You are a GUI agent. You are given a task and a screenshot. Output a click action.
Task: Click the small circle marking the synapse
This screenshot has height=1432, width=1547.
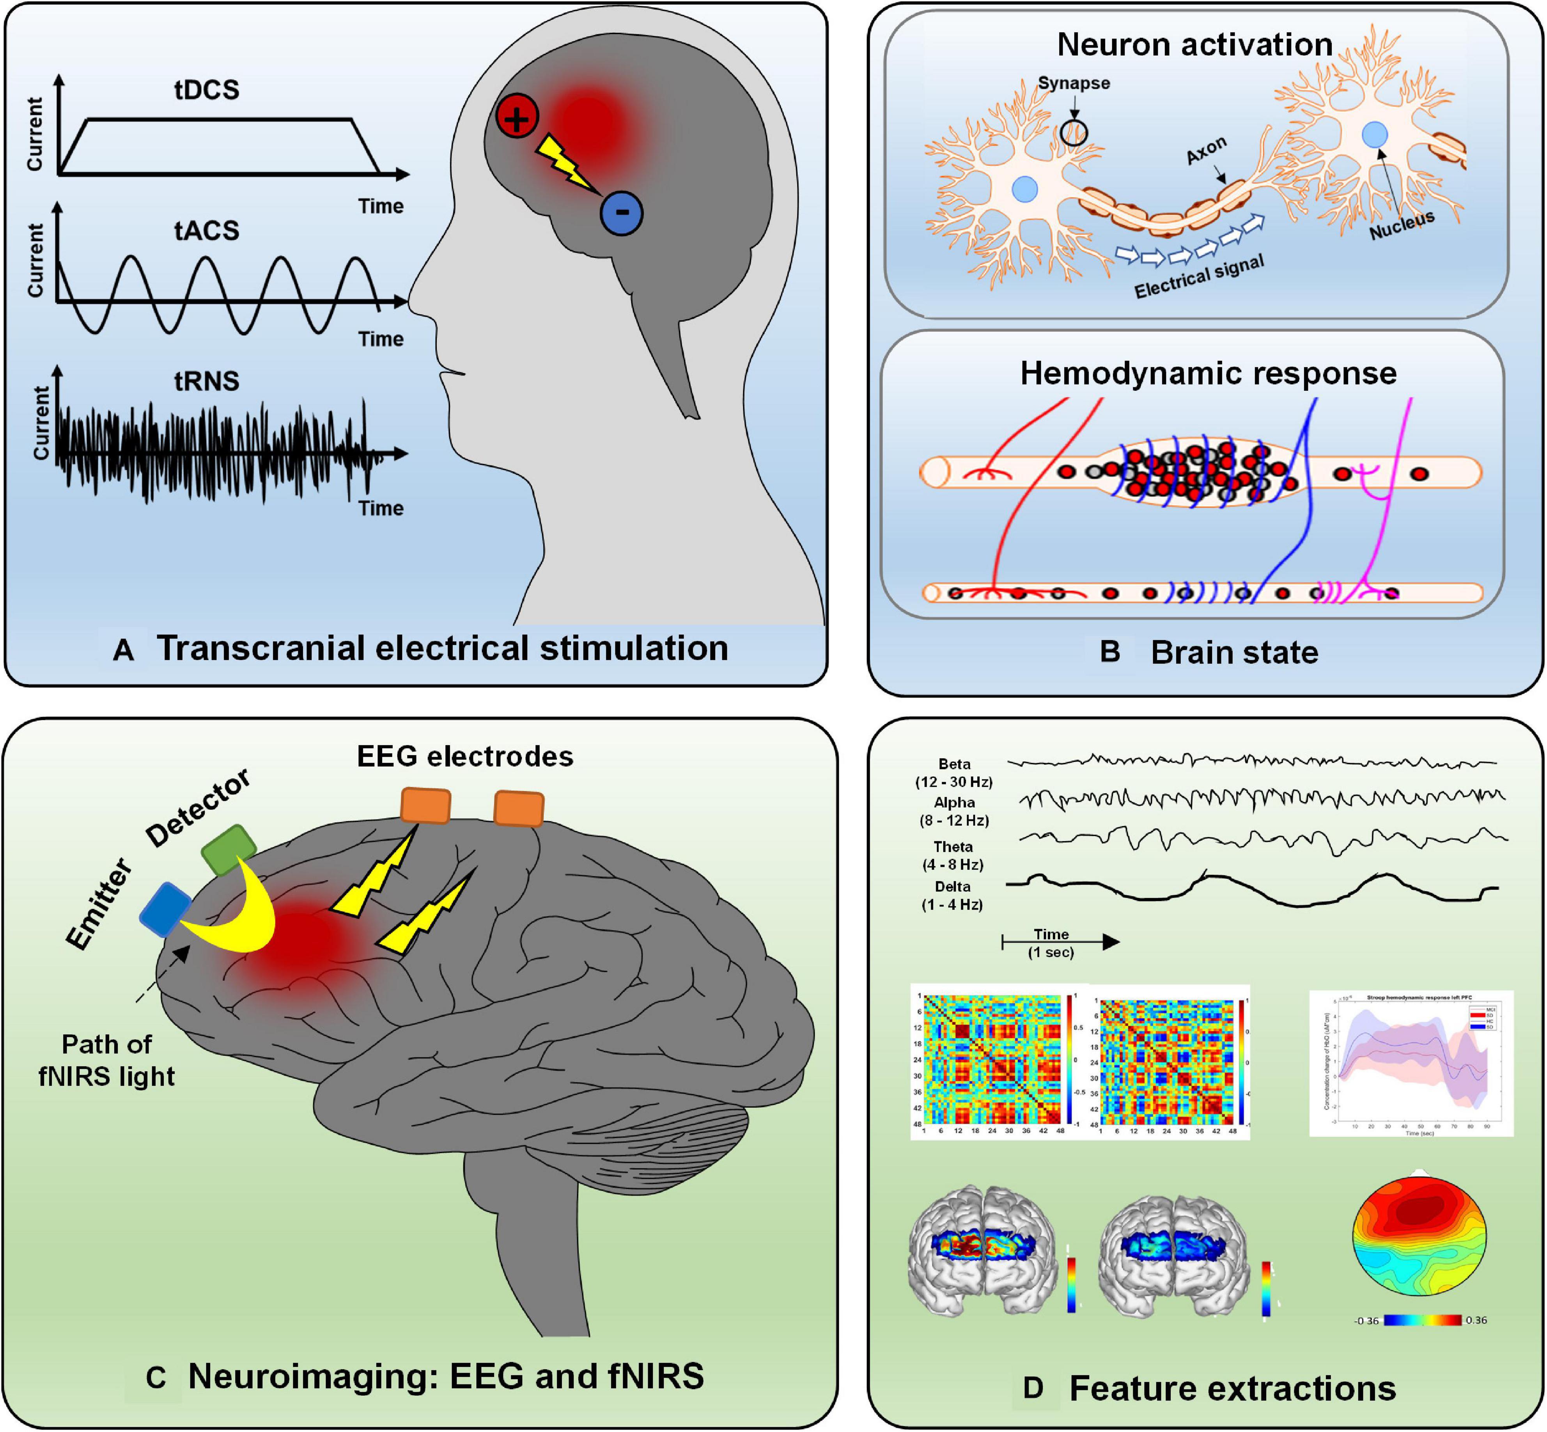1074,133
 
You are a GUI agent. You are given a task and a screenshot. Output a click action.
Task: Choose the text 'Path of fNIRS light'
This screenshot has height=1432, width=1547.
107,1060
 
